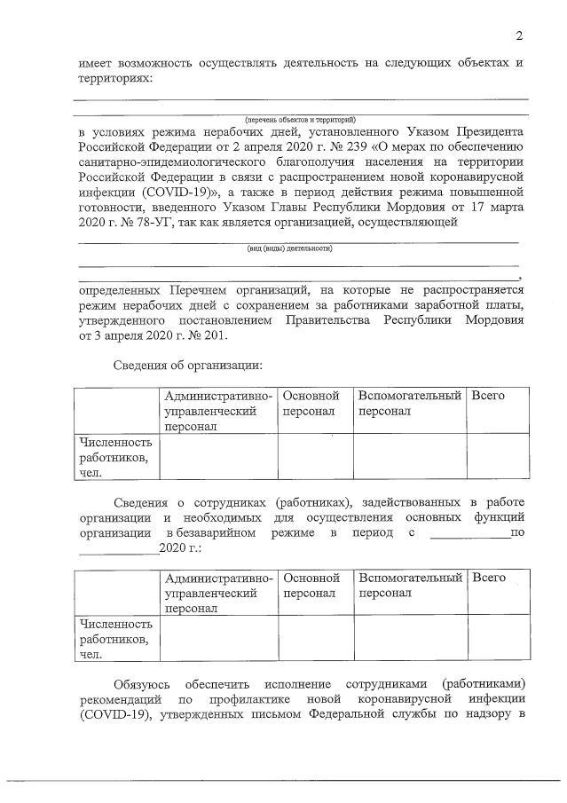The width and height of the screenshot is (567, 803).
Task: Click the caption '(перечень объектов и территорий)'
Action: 300,119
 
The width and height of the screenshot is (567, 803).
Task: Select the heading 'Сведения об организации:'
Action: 189,366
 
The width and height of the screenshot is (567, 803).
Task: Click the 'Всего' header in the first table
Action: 489,395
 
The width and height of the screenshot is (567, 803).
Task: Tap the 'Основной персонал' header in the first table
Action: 311,403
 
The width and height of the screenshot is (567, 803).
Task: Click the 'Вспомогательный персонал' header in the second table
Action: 409,585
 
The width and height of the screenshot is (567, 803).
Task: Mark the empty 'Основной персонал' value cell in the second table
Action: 315,640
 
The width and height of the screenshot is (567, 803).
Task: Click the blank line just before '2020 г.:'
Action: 118,548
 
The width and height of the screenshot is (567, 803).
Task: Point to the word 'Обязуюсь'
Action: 142,687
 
